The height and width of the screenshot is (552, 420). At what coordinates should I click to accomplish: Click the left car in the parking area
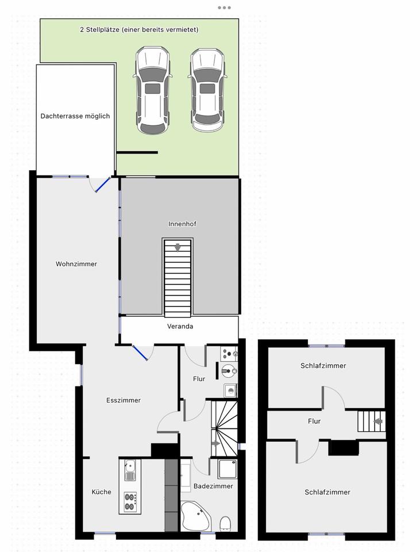[x=152, y=91]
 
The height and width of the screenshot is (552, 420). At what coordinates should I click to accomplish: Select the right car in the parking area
[x=208, y=90]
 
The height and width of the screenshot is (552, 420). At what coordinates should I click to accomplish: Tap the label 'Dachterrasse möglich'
[x=75, y=116]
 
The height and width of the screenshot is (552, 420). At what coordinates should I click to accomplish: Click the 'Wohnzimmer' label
[x=76, y=264]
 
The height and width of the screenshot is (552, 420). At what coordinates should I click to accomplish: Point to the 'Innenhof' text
[x=182, y=224]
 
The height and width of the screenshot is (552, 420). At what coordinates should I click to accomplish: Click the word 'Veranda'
[x=180, y=327]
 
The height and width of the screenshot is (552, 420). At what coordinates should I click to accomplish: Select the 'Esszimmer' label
[x=124, y=401]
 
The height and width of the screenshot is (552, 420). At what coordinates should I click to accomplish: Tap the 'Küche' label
[x=102, y=492]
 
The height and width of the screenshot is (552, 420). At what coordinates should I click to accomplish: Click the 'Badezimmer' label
[x=213, y=486]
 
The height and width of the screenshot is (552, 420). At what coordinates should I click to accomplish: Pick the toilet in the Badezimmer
[x=225, y=523]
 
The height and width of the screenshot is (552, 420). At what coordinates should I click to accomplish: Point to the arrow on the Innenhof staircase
[x=178, y=248]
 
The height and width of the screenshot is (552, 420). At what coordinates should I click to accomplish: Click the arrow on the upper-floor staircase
[x=378, y=421]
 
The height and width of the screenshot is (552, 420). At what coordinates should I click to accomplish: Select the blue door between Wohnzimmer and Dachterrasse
[x=103, y=184]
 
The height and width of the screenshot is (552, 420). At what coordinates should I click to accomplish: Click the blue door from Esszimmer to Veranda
[x=140, y=352]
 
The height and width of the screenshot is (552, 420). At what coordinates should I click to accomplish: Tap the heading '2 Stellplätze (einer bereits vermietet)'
[x=139, y=29]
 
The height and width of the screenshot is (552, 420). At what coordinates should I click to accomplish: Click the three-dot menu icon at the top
[x=224, y=7]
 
